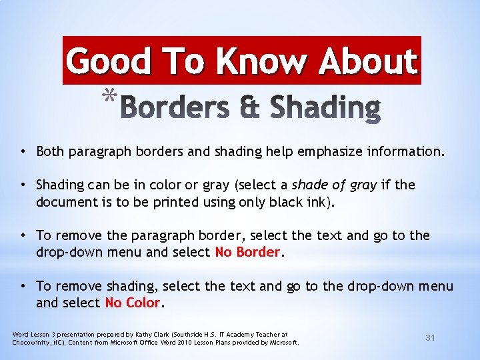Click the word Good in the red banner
point(108,61)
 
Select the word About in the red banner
point(367,61)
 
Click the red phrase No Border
point(247,252)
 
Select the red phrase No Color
point(133,303)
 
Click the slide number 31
point(430,338)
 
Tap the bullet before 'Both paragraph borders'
point(23,151)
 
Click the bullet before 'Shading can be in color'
point(23,184)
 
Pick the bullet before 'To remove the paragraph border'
point(23,235)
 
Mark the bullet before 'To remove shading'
point(23,286)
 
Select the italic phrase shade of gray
point(341,184)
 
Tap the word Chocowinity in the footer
point(32,343)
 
